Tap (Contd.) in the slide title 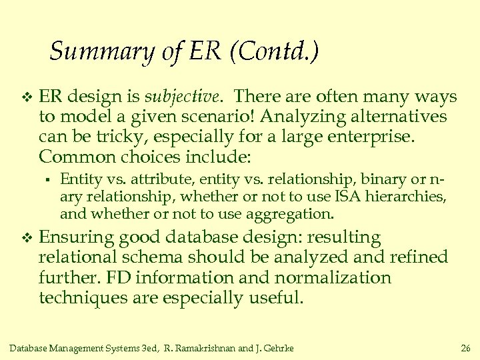(274, 51)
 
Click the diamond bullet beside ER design (27, 98)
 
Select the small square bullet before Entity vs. (48, 179)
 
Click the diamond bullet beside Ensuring (27, 238)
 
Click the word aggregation (293, 214)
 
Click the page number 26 (465, 348)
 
